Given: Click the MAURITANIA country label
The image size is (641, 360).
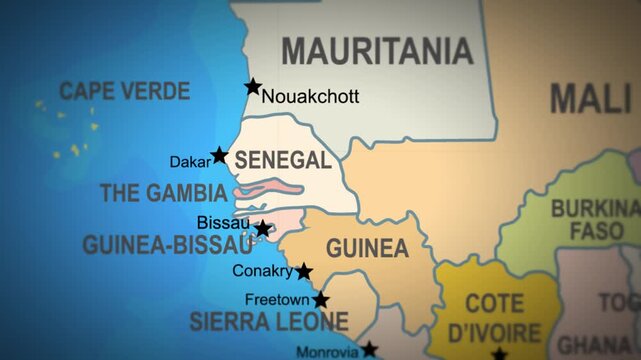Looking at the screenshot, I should click(377, 50).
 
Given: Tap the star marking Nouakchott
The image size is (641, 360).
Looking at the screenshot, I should click(253, 87).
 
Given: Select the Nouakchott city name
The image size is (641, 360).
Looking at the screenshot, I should click(309, 97).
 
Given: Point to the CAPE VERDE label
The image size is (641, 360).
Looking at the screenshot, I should click(124, 92).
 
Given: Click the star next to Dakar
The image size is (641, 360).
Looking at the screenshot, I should click(219, 155).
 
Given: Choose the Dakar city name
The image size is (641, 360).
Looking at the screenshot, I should click(189, 160).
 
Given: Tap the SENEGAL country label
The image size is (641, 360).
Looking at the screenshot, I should click(282, 161).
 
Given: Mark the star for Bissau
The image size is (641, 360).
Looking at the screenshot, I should click(263, 228).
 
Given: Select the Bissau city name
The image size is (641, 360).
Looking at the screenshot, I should click(223, 222).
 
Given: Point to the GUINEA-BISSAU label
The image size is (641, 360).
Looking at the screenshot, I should click(167, 245).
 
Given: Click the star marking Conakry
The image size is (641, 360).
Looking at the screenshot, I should click(303, 271).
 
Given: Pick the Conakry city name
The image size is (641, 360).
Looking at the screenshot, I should click(262, 271).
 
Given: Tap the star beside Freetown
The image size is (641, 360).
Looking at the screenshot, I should click(320, 299).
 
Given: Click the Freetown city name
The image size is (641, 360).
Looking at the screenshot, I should click(277, 299).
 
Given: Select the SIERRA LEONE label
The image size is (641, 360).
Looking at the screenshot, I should click(269, 323).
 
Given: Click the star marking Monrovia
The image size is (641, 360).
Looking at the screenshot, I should click(369, 349).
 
